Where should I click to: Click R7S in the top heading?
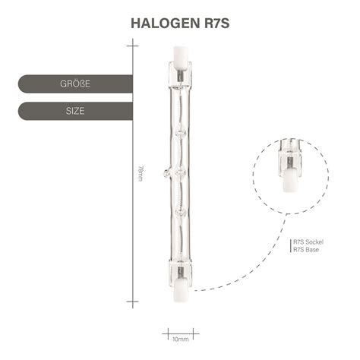pos(212,22)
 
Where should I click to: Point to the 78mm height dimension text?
pos(140,174)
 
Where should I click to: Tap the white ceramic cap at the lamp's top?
pos(180,55)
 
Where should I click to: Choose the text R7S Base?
pos(308,251)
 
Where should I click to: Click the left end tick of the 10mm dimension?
pos(164,332)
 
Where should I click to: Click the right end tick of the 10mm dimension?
pos(195,332)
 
